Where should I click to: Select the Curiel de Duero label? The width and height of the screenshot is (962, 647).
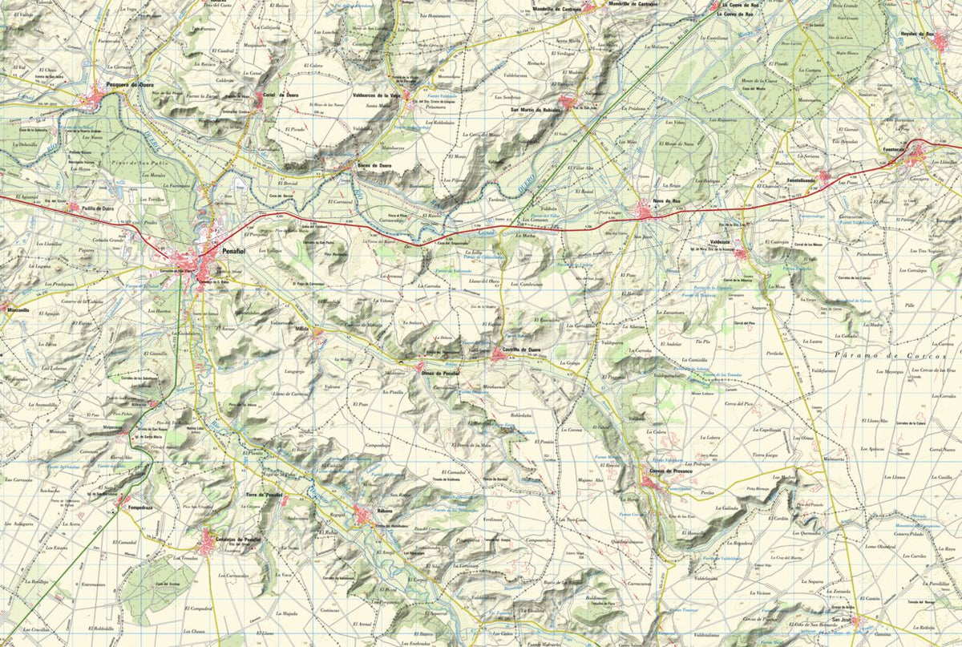pyautogui.click(x=280, y=95)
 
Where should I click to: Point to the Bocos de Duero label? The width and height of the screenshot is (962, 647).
pyautogui.click(x=374, y=165)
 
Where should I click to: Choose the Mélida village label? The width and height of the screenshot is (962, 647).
pyautogui.click(x=301, y=330)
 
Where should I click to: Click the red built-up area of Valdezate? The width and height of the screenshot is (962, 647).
pyautogui.click(x=741, y=254)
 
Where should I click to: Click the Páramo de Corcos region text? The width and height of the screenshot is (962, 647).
pyautogui.click(x=889, y=354)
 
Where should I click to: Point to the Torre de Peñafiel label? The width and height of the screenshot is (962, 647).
pyautogui.click(x=263, y=495)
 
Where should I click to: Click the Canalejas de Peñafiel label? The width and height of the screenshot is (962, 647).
pyautogui.click(x=238, y=540)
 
